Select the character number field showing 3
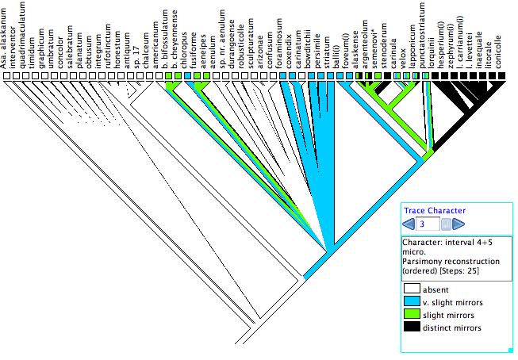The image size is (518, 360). tap(429, 224)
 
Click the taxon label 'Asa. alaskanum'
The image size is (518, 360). tap(6, 36)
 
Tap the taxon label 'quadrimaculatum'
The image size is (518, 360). tap(25, 36)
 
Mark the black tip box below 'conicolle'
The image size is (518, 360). tap(501, 76)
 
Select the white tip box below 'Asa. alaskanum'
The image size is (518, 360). tap(6, 76)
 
